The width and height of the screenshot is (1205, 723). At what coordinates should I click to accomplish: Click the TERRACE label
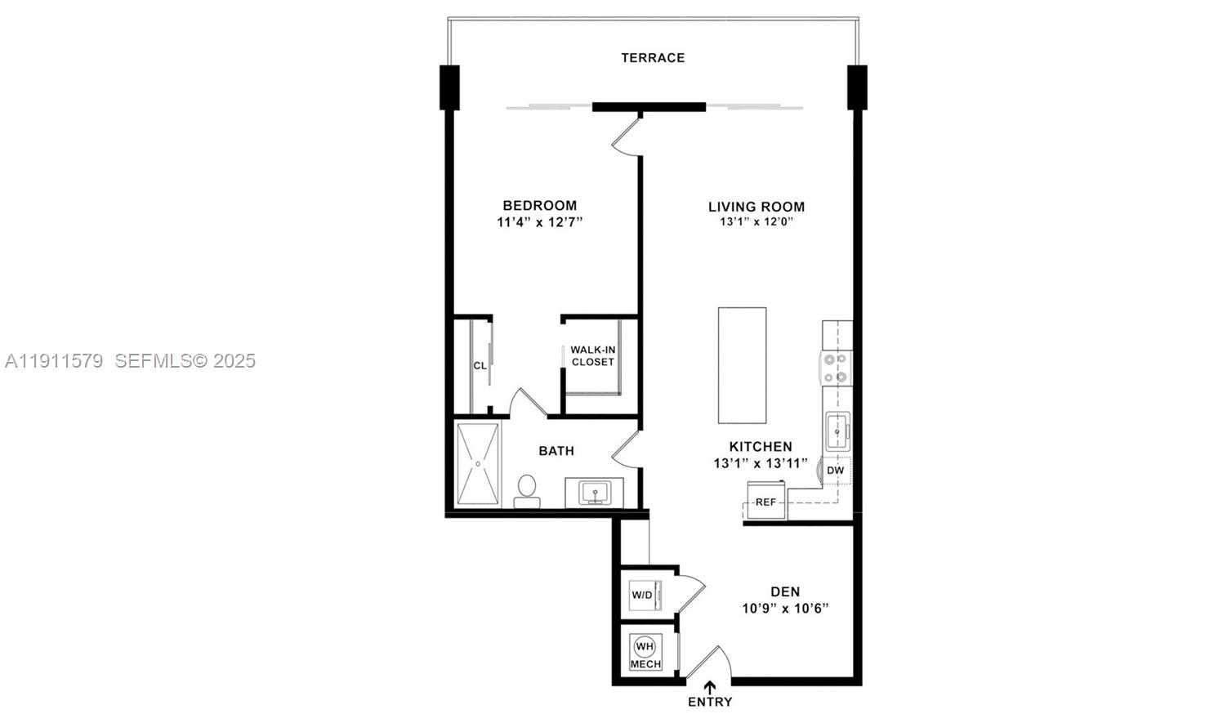click(652, 58)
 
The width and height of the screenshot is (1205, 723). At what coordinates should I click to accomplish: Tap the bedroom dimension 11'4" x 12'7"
click(539, 222)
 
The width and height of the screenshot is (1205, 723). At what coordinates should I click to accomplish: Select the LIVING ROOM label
click(756, 207)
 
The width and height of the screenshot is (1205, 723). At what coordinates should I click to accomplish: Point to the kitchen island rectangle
click(742, 365)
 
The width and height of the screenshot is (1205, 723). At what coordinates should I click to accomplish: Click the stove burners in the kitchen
click(837, 368)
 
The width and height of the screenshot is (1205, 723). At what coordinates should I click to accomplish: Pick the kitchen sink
click(837, 431)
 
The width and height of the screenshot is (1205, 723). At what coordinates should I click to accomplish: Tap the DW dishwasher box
click(835, 471)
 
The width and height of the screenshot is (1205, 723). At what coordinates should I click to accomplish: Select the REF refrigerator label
click(765, 502)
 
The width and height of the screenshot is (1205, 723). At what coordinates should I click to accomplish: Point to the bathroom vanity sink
click(595, 493)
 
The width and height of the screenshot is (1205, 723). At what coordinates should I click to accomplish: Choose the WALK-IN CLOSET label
click(592, 355)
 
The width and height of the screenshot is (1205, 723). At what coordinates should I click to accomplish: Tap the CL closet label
click(480, 365)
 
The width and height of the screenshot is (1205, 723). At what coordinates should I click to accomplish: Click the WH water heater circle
click(645, 646)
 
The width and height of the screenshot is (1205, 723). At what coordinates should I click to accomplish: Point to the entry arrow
click(709, 687)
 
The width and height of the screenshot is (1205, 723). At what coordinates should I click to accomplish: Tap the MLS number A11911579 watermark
click(54, 360)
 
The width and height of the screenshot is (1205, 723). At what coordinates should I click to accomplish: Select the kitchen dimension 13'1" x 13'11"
click(760, 463)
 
